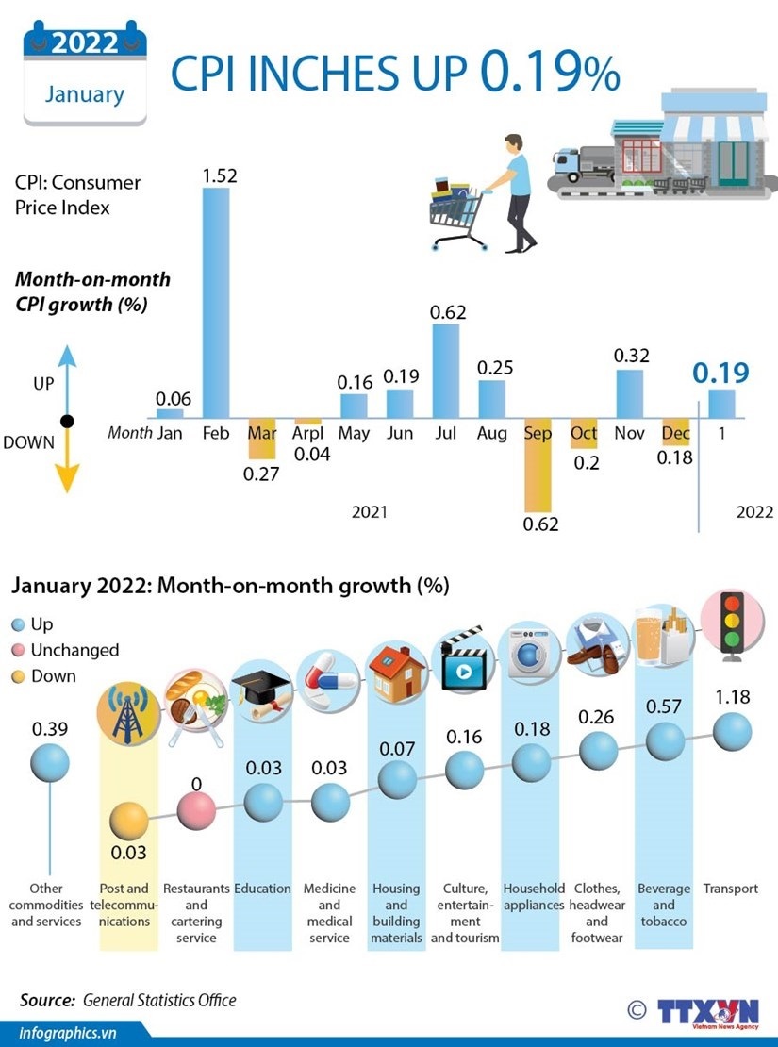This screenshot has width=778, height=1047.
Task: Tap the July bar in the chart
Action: point(445,371)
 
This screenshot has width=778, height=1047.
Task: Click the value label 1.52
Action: point(219,174)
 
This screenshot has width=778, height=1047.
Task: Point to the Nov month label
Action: point(629,434)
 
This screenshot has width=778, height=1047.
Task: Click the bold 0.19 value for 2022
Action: point(721,373)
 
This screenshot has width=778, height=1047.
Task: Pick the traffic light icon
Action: point(731,622)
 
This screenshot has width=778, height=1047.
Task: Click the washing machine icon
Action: point(533,652)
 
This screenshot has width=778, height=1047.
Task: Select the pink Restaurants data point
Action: point(196,808)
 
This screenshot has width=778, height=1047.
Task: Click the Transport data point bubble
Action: point(732,730)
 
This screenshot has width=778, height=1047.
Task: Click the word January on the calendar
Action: point(85,94)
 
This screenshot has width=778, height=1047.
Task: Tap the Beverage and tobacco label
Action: point(664,905)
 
